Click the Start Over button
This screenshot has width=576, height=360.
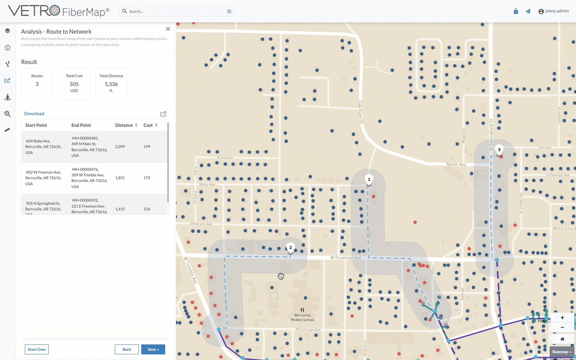pos(37,349)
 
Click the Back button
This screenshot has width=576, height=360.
pos(126,349)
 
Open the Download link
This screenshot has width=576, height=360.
pos(34,114)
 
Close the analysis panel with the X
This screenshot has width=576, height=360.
pos(168,29)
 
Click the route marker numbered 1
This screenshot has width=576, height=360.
pos(369,180)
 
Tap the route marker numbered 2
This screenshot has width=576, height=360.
pos(290,248)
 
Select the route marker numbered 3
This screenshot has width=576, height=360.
pos(499,150)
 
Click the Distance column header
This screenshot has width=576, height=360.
pos(124,125)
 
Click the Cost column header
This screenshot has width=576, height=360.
pos(148,125)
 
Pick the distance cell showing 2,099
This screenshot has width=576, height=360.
pos(120,147)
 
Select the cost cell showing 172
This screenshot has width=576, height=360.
pos(147,178)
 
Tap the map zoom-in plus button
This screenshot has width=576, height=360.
pos(562,318)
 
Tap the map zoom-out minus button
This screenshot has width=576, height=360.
pos(562,328)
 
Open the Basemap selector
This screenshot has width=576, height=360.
pos(562,352)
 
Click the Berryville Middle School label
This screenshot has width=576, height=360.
pos(302,318)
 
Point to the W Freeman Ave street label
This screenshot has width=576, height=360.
pos(346,258)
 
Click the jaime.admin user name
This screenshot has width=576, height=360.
pos(556,11)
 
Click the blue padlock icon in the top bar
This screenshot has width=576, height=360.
pos(516,11)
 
